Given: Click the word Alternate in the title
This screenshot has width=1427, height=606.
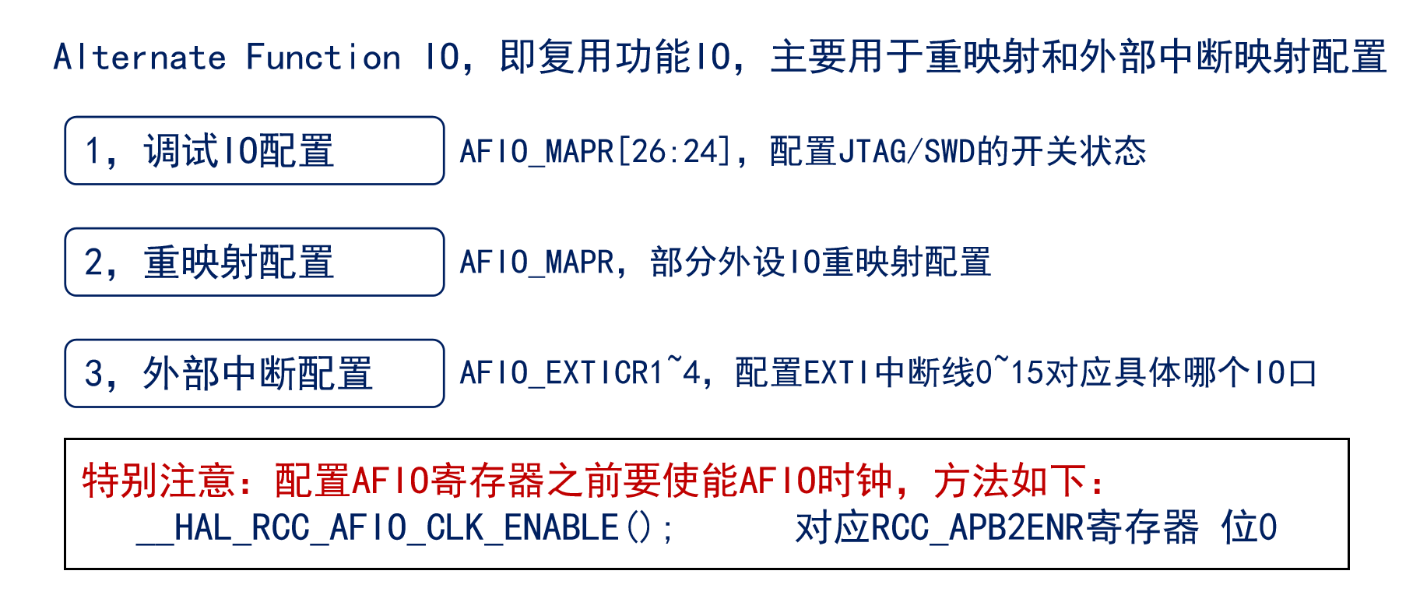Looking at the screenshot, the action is click(x=140, y=58).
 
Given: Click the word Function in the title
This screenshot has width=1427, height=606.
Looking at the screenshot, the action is click(x=323, y=58).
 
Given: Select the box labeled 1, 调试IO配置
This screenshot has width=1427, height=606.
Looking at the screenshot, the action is click(x=254, y=150).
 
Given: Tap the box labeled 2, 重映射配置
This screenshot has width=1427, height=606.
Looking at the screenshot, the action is click(x=254, y=262).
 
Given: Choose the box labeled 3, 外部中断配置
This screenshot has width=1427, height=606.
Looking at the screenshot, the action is click(x=254, y=373).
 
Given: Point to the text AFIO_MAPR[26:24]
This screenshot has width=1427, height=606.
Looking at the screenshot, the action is click(x=596, y=151).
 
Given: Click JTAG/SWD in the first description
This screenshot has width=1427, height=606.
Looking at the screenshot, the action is click(x=907, y=151).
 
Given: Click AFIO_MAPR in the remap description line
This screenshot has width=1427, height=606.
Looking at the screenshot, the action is click(x=536, y=262).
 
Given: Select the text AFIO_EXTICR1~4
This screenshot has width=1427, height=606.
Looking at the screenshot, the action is click(x=580, y=373).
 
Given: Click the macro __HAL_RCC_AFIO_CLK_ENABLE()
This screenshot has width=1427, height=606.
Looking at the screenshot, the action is click(x=405, y=528).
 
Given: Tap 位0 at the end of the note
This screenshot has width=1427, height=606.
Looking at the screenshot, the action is click(x=1249, y=528).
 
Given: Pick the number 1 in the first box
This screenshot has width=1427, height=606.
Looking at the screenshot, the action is click(x=93, y=151).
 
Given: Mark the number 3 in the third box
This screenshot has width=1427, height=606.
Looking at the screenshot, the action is click(x=93, y=374).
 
